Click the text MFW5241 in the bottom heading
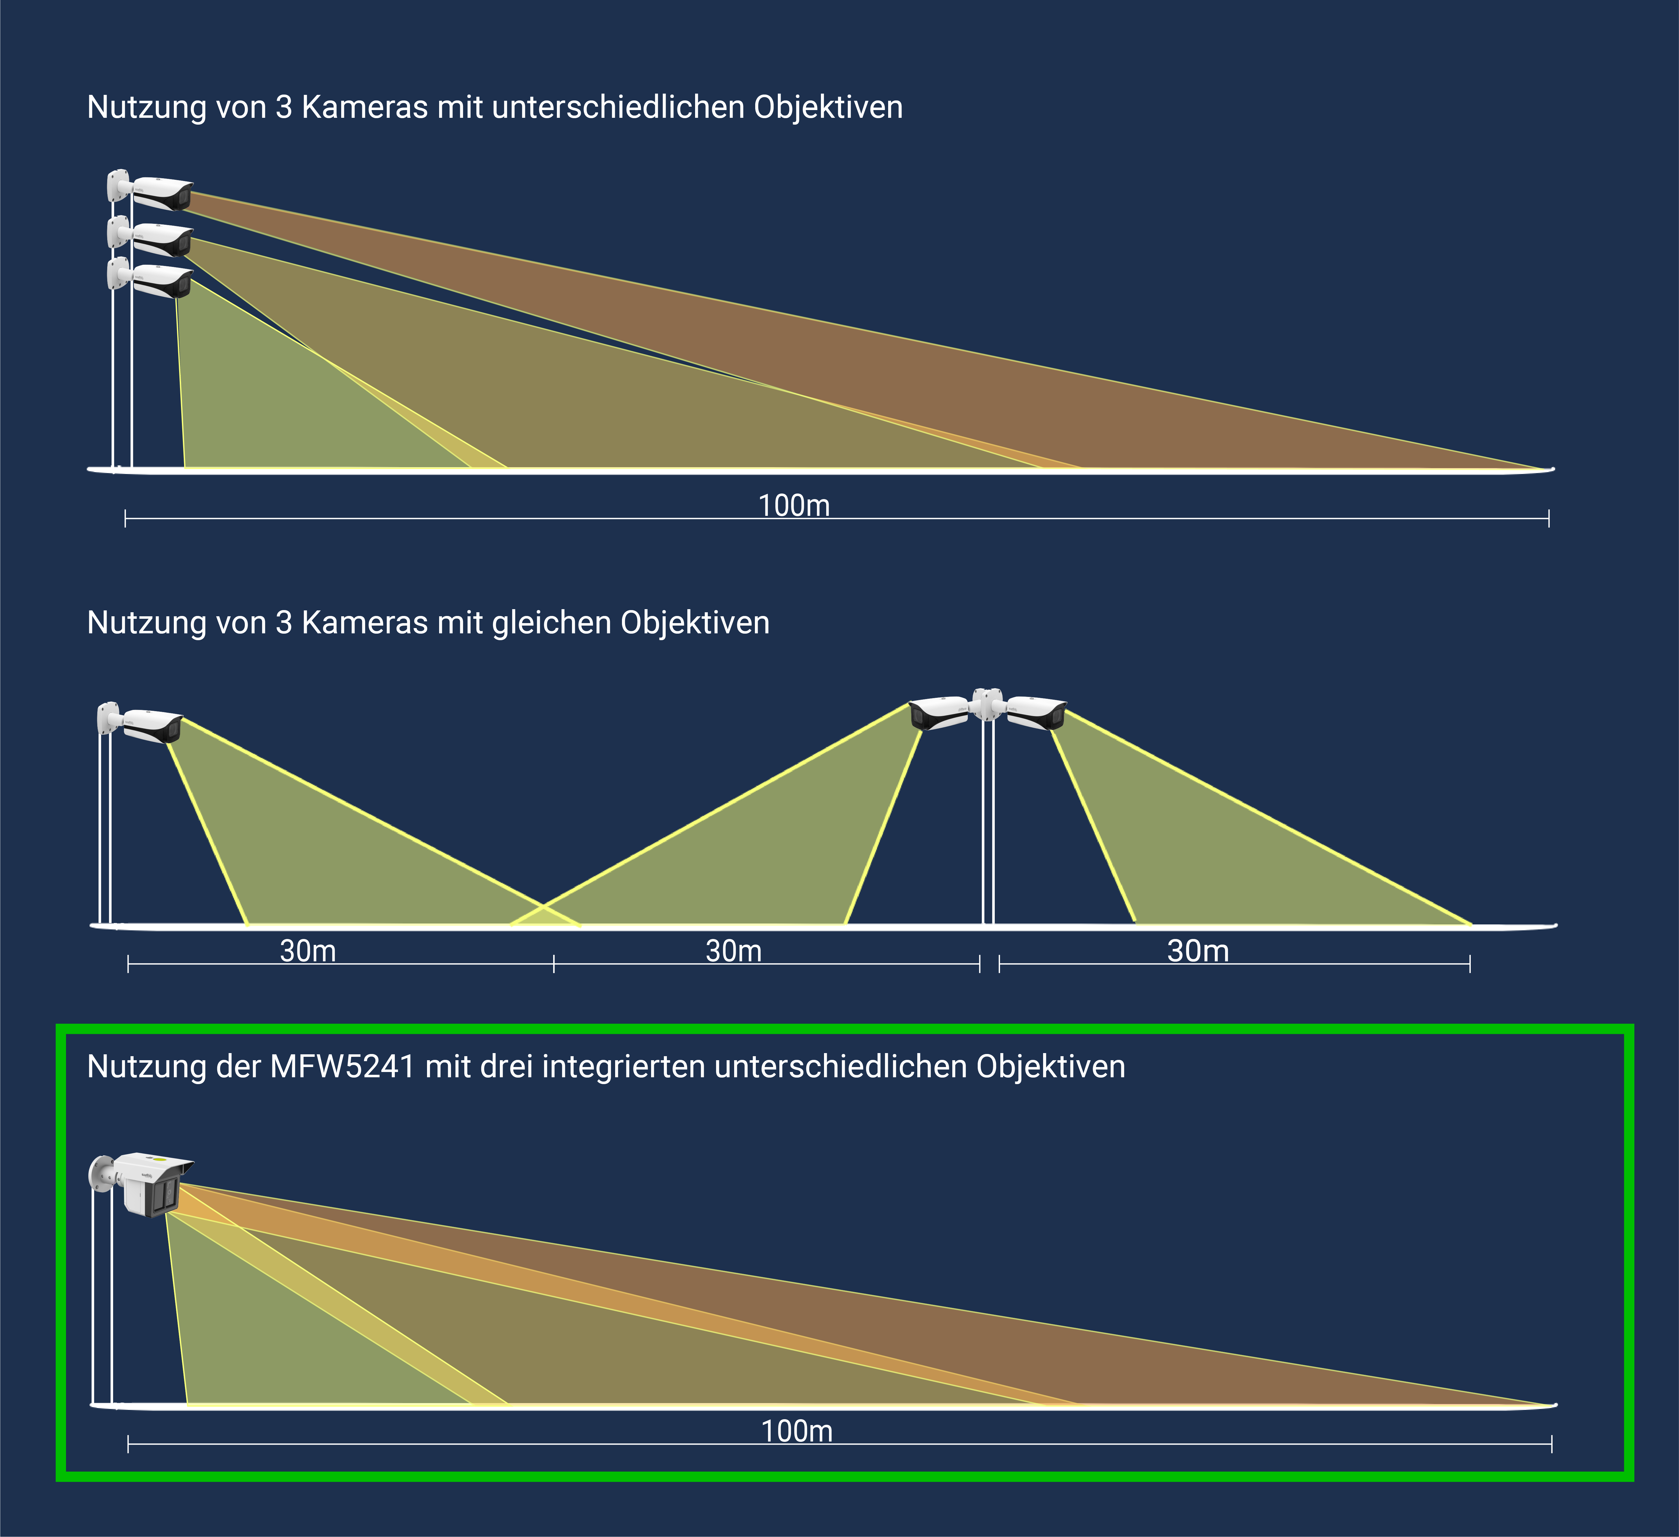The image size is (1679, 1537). point(342,1067)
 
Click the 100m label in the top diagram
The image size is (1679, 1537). point(794,506)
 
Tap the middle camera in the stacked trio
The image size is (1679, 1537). point(161,239)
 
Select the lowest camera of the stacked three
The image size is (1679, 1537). point(161,281)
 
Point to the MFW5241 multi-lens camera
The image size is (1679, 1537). point(150,1183)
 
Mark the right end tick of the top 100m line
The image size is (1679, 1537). point(1548,518)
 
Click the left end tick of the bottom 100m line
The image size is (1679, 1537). point(128,1444)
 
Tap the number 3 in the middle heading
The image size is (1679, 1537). point(284,623)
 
